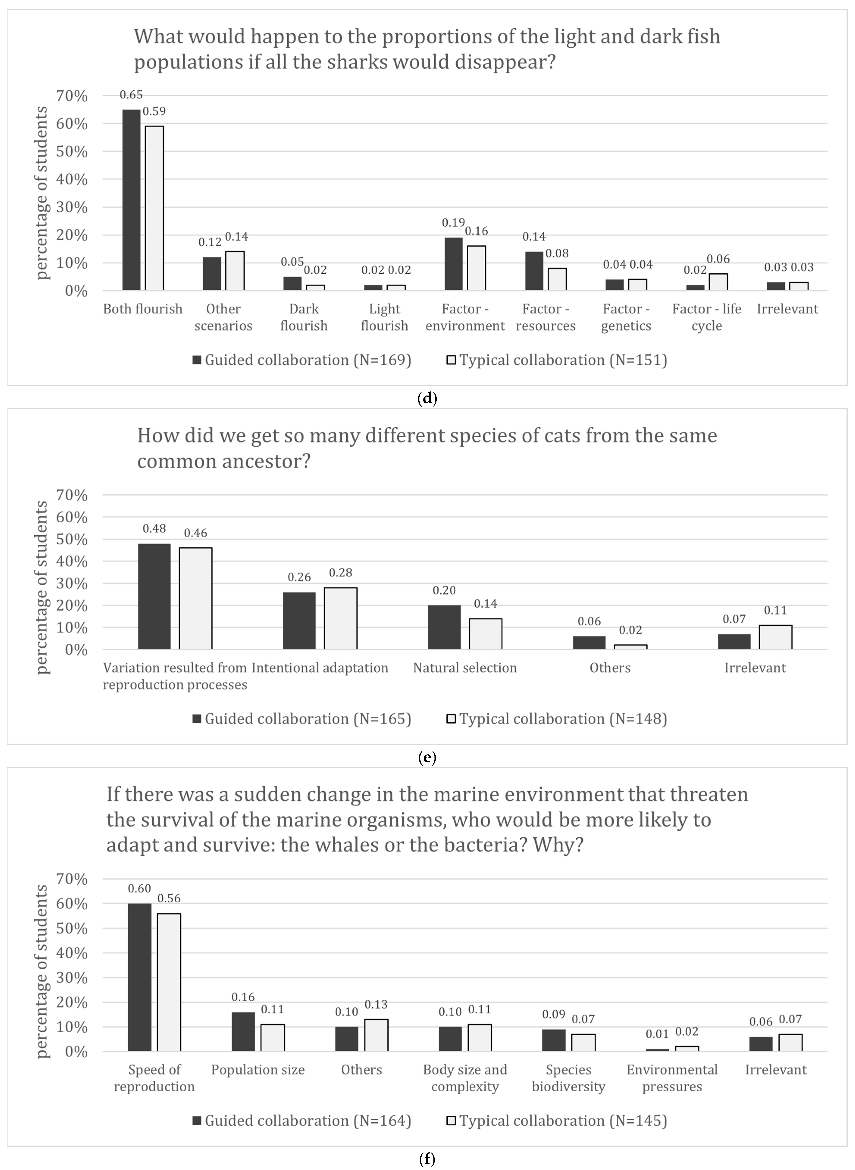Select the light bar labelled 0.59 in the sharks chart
pyautogui.click(x=154, y=208)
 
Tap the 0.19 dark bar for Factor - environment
pyautogui.click(x=453, y=264)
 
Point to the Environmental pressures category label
pyautogui.click(x=672, y=1078)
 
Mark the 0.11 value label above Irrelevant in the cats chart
pyautogui.click(x=775, y=610)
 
